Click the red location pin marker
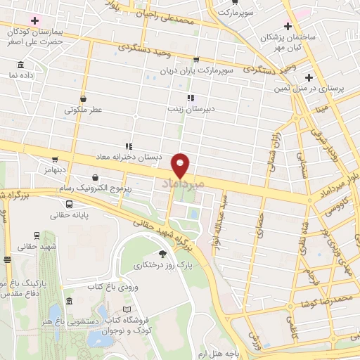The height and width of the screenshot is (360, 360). (x=181, y=165)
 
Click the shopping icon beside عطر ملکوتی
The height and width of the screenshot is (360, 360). (x=84, y=98)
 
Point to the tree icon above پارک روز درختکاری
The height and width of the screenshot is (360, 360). (x=163, y=254)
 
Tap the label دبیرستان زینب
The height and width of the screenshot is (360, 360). (x=185, y=109)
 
